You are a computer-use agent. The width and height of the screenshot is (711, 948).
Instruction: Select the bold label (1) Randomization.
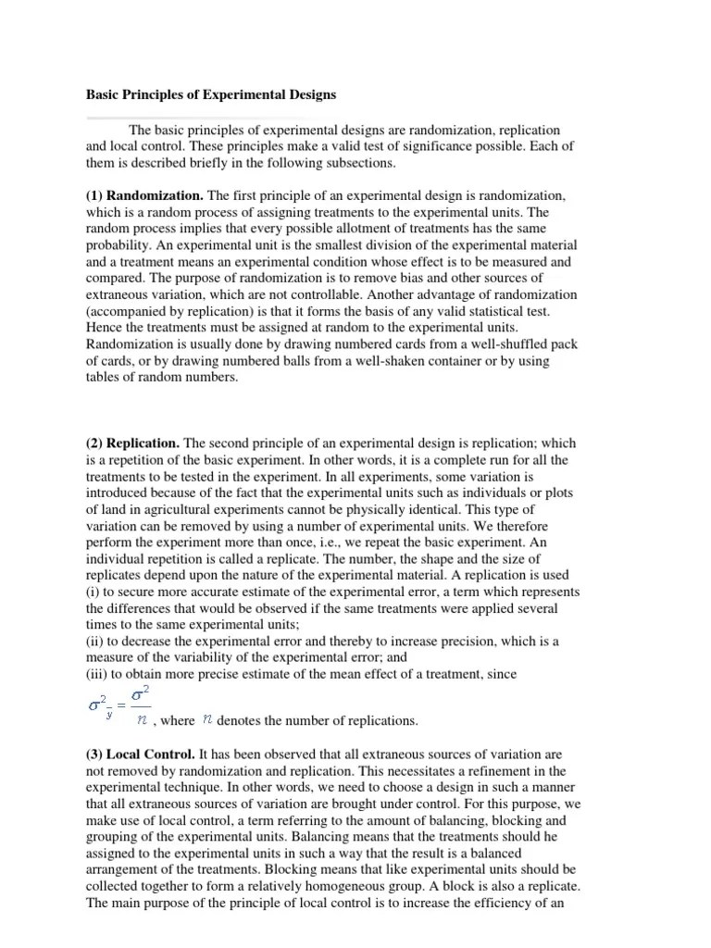(x=145, y=196)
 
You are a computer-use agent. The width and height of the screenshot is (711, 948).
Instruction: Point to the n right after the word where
(x=208, y=719)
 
